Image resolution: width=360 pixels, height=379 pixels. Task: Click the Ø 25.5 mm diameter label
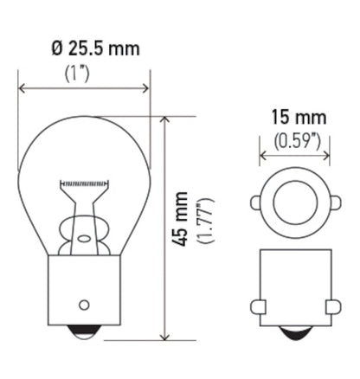[84, 49]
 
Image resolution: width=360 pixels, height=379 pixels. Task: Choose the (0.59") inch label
[294, 138]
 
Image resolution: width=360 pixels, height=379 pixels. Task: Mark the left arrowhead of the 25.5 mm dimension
[22, 87]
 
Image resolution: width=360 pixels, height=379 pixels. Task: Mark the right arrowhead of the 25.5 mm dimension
[146, 87]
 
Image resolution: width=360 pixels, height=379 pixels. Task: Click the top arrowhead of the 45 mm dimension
[164, 119]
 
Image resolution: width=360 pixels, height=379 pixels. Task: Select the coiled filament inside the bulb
[84, 184]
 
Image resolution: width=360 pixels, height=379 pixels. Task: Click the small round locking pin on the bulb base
[84, 304]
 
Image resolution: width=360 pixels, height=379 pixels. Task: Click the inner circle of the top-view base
[294, 204]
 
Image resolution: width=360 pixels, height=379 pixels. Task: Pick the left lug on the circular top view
[255, 204]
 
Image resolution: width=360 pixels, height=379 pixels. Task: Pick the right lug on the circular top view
[333, 204]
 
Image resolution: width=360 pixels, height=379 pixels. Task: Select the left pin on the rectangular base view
[257, 306]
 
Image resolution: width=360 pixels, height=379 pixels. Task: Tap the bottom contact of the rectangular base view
[294, 333]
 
